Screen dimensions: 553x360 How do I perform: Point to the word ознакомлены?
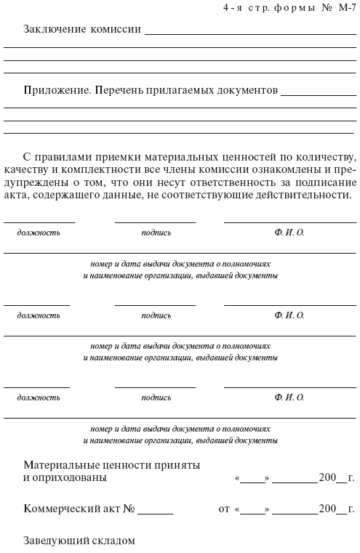point(289,169)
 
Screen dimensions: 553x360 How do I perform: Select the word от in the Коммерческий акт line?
point(224,509)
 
